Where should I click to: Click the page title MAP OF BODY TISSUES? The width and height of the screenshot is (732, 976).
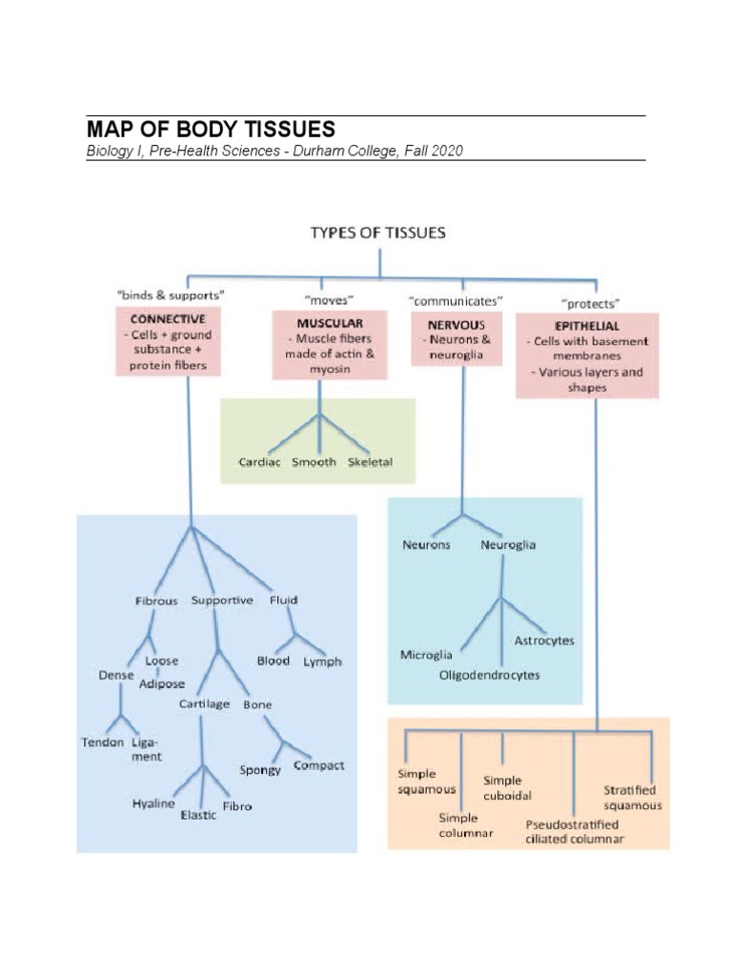pyautogui.click(x=211, y=130)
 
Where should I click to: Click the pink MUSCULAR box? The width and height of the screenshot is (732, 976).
pyautogui.click(x=329, y=344)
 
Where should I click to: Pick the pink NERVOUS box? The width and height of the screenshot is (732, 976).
pyautogui.click(x=457, y=339)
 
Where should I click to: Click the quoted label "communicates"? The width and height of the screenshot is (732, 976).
pyautogui.click(x=456, y=300)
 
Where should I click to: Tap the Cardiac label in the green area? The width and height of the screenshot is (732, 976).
pyautogui.click(x=259, y=462)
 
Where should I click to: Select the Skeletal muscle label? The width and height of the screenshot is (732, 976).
pyautogui.click(x=370, y=462)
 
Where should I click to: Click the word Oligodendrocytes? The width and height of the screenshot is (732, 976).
pyautogui.click(x=489, y=675)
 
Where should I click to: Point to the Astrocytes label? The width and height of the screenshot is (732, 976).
pyautogui.click(x=544, y=640)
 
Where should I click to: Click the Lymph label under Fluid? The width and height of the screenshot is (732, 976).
pyautogui.click(x=322, y=661)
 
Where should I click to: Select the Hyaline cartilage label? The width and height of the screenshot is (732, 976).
pyautogui.click(x=153, y=803)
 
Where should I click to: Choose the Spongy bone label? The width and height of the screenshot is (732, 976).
pyautogui.click(x=260, y=769)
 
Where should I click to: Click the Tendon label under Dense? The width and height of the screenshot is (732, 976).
pyautogui.click(x=102, y=742)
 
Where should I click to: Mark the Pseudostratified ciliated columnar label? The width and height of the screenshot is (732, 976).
pyautogui.click(x=575, y=831)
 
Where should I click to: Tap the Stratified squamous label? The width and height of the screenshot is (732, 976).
pyautogui.click(x=632, y=797)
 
